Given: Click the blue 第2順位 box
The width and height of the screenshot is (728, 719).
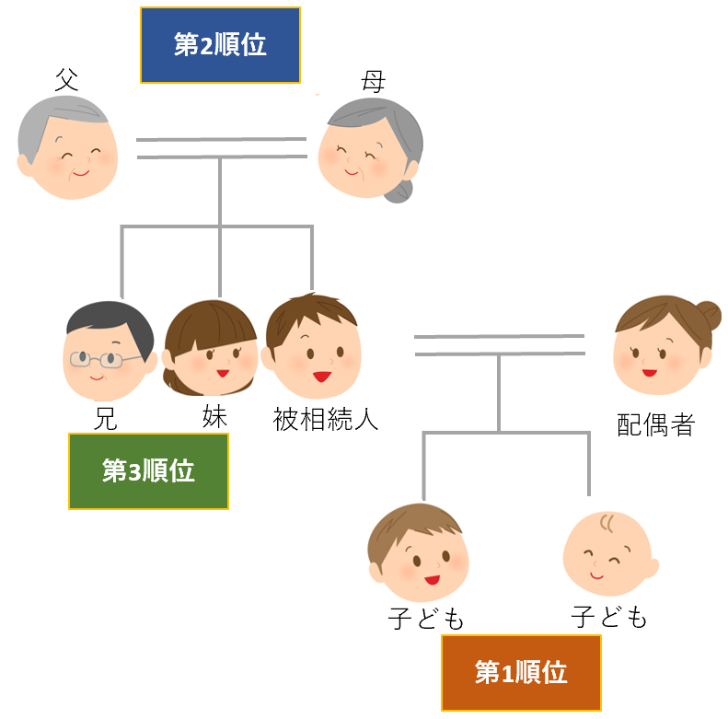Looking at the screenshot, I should (x=220, y=46).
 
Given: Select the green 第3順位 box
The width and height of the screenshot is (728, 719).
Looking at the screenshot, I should (x=148, y=471).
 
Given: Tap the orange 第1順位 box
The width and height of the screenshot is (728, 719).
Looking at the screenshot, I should (x=521, y=672).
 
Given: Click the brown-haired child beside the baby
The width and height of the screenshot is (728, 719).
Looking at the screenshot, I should (x=418, y=553).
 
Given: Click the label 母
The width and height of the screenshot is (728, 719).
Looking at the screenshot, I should (x=372, y=82).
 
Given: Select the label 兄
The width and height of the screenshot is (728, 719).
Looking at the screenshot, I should (x=106, y=419).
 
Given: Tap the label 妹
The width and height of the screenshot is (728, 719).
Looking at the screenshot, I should (x=214, y=416).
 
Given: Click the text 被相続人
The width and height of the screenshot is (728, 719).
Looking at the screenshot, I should (x=326, y=420).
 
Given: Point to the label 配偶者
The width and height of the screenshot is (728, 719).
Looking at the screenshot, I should (x=655, y=424).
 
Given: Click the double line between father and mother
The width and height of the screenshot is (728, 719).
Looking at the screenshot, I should (x=221, y=147).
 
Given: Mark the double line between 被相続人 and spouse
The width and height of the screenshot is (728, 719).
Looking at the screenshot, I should (x=499, y=344).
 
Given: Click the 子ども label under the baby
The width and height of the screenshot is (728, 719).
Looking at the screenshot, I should (x=609, y=617).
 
